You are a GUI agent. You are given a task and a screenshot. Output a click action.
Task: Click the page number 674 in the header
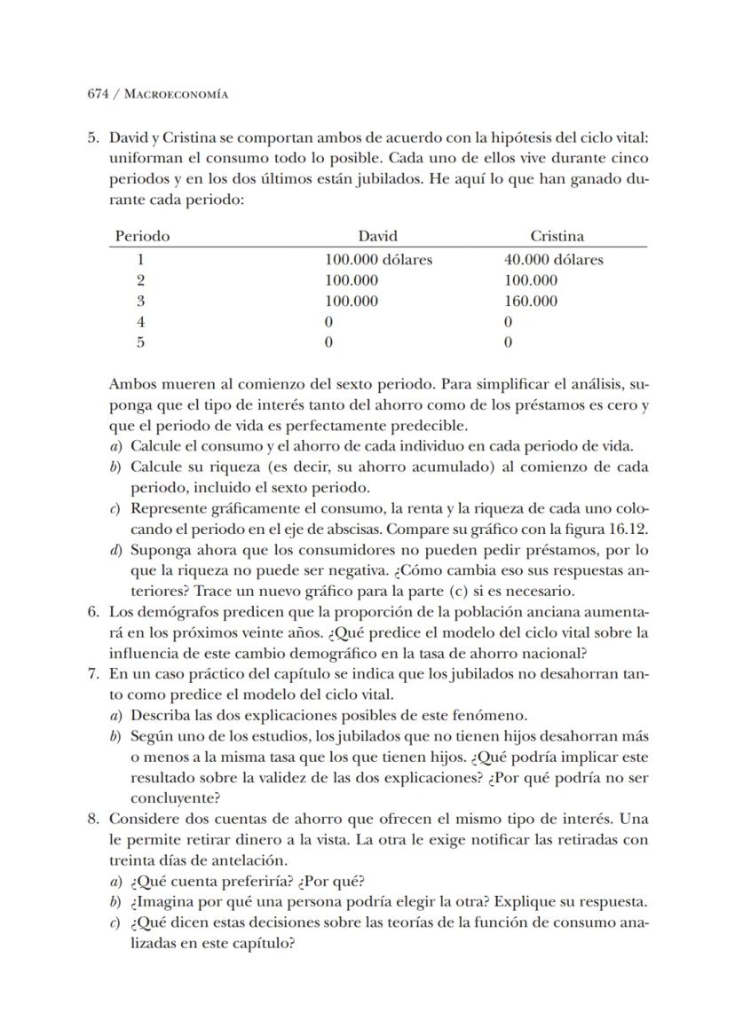[98, 93]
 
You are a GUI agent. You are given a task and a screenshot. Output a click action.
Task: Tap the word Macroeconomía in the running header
[175, 93]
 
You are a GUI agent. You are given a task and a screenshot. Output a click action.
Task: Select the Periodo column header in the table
[142, 236]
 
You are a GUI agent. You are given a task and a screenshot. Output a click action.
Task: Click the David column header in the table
[377, 236]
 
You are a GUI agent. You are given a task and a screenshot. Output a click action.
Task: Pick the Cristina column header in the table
[557, 236]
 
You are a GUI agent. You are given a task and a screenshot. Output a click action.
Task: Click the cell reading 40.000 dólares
[553, 260]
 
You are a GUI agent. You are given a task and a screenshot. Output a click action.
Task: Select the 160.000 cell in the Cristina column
[531, 301]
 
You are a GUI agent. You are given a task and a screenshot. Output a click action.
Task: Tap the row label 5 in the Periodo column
[139, 341]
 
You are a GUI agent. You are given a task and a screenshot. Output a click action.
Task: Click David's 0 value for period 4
[328, 321]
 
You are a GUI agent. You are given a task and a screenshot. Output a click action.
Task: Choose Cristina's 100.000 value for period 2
[531, 280]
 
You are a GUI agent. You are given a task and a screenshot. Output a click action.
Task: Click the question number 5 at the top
[91, 138]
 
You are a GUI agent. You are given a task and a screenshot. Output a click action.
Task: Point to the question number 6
[91, 611]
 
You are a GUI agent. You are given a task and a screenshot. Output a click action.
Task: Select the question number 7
[91, 673]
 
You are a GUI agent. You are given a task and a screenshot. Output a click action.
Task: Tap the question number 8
[91, 817]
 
